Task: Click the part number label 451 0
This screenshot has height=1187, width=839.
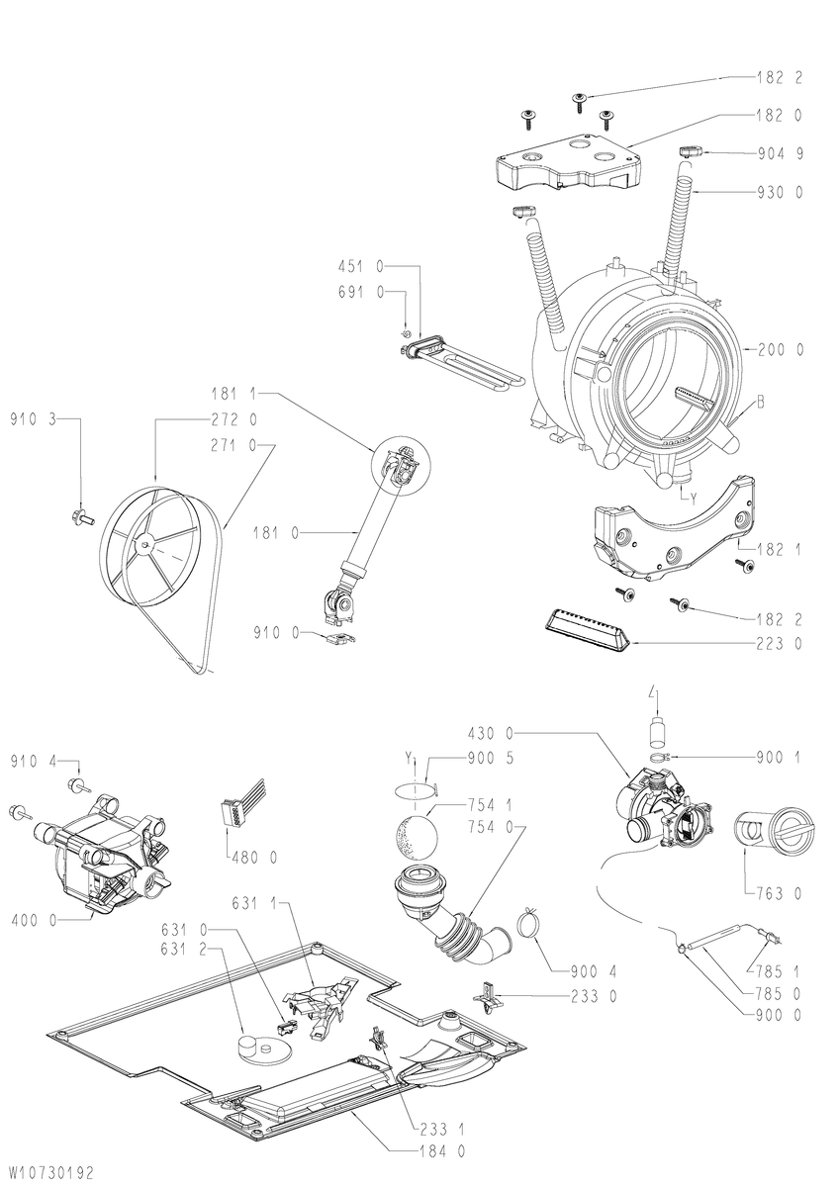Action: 360,266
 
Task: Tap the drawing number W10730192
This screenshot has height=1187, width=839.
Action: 50,1170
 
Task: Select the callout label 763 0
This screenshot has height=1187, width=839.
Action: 778,893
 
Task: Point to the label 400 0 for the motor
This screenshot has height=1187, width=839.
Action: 33,921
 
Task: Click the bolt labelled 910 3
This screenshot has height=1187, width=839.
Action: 81,514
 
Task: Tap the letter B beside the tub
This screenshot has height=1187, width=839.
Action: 761,403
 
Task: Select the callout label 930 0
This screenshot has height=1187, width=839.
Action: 780,192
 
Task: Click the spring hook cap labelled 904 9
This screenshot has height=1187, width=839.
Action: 689,152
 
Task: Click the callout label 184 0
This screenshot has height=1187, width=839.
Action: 442,1147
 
